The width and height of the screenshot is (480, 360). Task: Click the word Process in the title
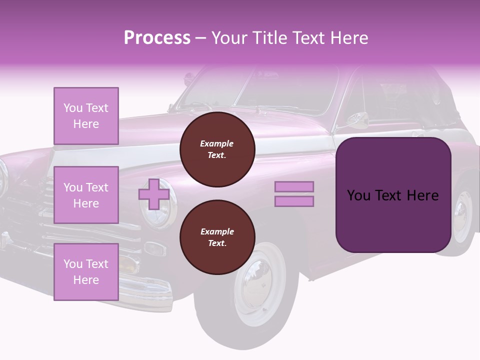click(x=157, y=38)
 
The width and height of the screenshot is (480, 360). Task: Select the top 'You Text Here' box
click(x=86, y=116)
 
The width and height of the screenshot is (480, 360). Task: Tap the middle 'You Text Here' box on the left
click(x=86, y=195)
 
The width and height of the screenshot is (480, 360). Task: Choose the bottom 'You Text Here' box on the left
click(x=86, y=272)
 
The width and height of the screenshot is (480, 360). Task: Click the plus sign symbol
click(x=154, y=194)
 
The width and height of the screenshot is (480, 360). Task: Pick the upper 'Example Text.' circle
click(x=217, y=149)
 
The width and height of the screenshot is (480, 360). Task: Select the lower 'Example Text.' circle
click(x=217, y=237)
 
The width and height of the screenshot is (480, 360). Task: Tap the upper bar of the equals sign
click(x=294, y=187)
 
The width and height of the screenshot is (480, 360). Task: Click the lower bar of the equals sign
click(x=294, y=201)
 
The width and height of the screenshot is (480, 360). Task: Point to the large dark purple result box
click(x=393, y=195)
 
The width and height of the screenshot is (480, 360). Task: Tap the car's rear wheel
click(x=462, y=215)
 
